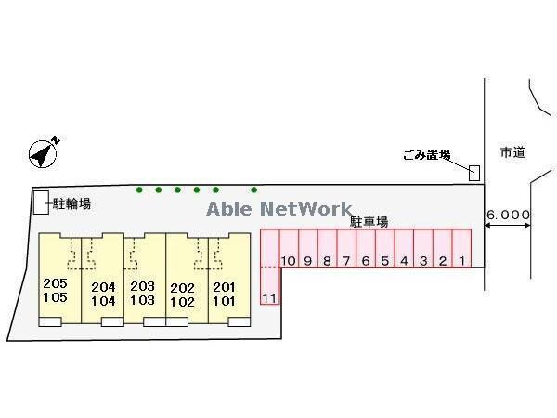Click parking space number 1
coord(461,260)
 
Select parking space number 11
coord(270,297)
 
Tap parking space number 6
coord(365,261)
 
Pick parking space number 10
coord(289,261)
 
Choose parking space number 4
coord(404,261)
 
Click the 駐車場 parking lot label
coord(369,223)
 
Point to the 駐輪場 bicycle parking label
coord(71,203)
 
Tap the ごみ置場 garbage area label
coord(427,155)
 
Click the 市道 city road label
coord(512,152)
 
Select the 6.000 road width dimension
coord(508,216)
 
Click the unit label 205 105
coord(56,290)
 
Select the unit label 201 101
coord(226,294)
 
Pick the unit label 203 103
coord(142,294)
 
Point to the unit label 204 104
coord(102,294)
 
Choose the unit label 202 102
coord(183,294)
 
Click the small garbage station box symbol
coord(474,173)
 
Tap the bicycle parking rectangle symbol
coord(40,202)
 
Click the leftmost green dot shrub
coord(140,190)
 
